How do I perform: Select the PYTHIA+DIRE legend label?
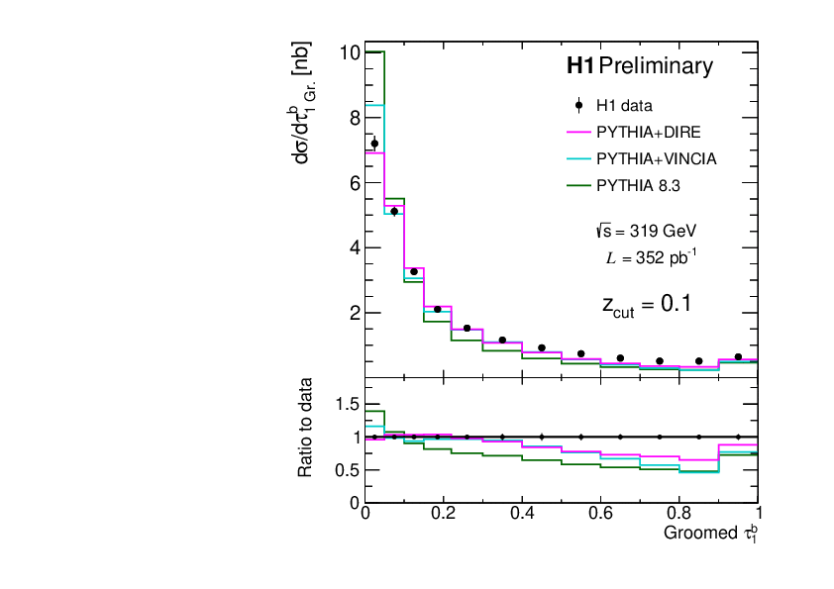click(651, 132)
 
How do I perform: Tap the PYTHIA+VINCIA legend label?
click(656, 158)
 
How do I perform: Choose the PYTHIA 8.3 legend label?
click(639, 185)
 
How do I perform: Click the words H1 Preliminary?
click(639, 67)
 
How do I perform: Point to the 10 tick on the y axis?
click(348, 52)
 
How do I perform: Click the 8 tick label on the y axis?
click(353, 118)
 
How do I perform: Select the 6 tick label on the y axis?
click(353, 183)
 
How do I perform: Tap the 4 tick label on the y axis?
click(353, 247)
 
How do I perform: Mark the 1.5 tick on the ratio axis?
click(347, 404)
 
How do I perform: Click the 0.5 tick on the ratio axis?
click(347, 470)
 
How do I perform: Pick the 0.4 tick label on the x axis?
click(522, 515)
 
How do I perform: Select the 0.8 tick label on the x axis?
click(678, 515)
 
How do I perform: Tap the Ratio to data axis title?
click(307, 428)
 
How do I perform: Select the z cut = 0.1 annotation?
click(646, 304)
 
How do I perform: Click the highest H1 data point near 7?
click(374, 144)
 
